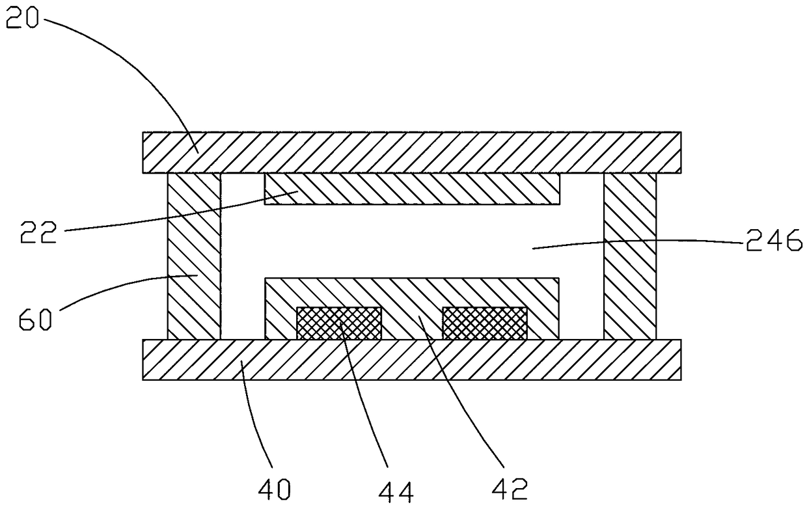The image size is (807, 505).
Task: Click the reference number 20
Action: pyautogui.click(x=22, y=18)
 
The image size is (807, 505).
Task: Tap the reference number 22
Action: pyautogui.click(x=38, y=232)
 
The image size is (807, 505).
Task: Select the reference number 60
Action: pyautogui.click(x=35, y=319)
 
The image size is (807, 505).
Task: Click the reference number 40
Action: pyautogui.click(x=274, y=489)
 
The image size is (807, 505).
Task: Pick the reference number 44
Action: pyautogui.click(x=396, y=493)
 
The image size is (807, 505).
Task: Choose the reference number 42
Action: pyautogui.click(x=510, y=489)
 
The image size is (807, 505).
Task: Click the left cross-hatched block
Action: pyautogui.click(x=338, y=323)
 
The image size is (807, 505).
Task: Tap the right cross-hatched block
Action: pyautogui.click(x=485, y=323)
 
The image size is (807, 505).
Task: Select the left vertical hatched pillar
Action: pyautogui.click(x=194, y=256)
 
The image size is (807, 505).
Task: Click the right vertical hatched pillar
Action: pyautogui.click(x=630, y=256)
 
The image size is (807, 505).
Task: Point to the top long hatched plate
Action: pyautogui.click(x=411, y=152)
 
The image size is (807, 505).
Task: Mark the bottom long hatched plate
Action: pyautogui.click(x=411, y=360)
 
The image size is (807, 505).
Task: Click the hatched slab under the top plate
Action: pyautogui.click(x=412, y=189)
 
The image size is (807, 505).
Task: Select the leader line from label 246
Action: pyautogui.click(x=638, y=241)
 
